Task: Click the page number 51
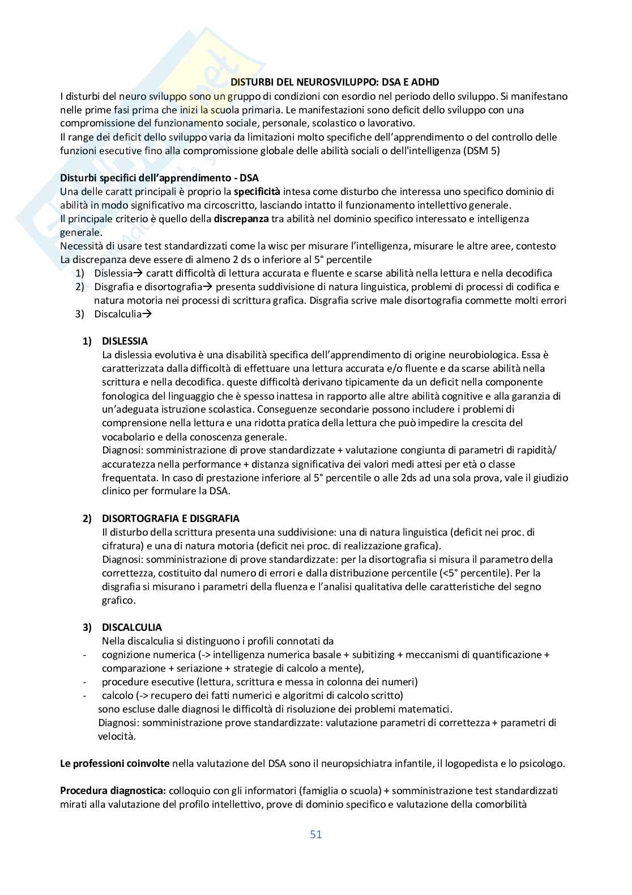(316, 834)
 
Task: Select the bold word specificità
(258, 192)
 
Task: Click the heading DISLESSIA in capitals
(125, 341)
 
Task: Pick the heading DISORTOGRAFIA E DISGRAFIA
(170, 519)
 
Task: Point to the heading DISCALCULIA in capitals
(131, 627)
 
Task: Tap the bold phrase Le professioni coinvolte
(115, 763)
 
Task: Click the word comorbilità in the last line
(498, 804)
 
